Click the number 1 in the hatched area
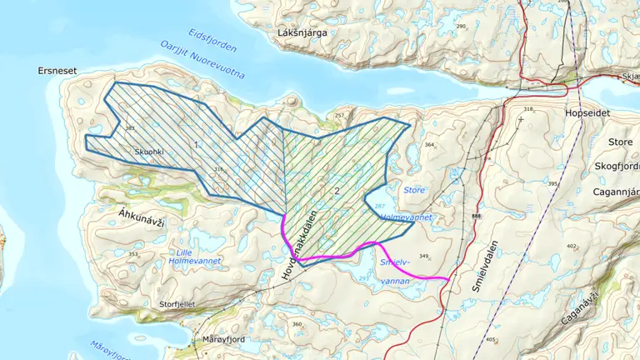[196, 144]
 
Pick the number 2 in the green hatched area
[337, 192]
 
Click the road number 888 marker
[476, 217]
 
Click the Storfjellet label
[176, 304]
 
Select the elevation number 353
[132, 254]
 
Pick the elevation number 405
[490, 340]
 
